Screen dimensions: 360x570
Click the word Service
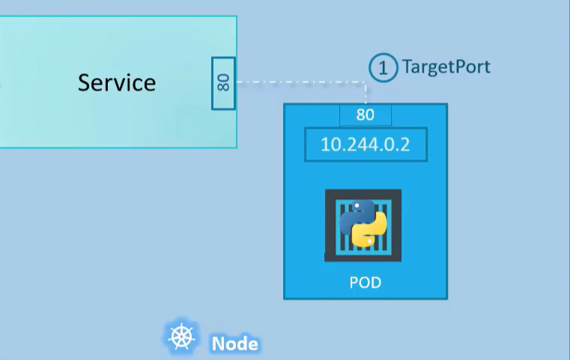pyautogui.click(x=117, y=82)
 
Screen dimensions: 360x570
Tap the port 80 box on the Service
pyautogui.click(x=223, y=82)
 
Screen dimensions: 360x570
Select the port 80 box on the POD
pyautogui.click(x=366, y=115)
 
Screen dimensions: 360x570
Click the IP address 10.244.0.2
pyautogui.click(x=366, y=144)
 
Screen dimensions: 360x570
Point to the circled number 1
pyautogui.click(x=383, y=68)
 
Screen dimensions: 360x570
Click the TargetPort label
pyautogui.click(x=446, y=67)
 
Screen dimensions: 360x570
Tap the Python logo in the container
pyautogui.click(x=363, y=225)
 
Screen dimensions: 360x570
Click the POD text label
pyautogui.click(x=366, y=283)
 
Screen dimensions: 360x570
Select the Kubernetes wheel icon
pyautogui.click(x=181, y=338)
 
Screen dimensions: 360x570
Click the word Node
pyautogui.click(x=234, y=344)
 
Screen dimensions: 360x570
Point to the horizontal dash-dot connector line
pyautogui.click(x=300, y=82)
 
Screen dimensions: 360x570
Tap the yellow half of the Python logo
pyautogui.click(x=372, y=233)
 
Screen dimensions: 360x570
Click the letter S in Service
pyautogui.click(x=84, y=82)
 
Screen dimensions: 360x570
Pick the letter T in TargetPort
pyautogui.click(x=407, y=67)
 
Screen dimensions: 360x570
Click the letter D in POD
pyautogui.click(x=376, y=283)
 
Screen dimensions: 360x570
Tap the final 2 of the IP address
pyautogui.click(x=405, y=144)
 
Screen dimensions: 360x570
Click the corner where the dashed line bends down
pyautogui.click(x=366, y=82)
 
